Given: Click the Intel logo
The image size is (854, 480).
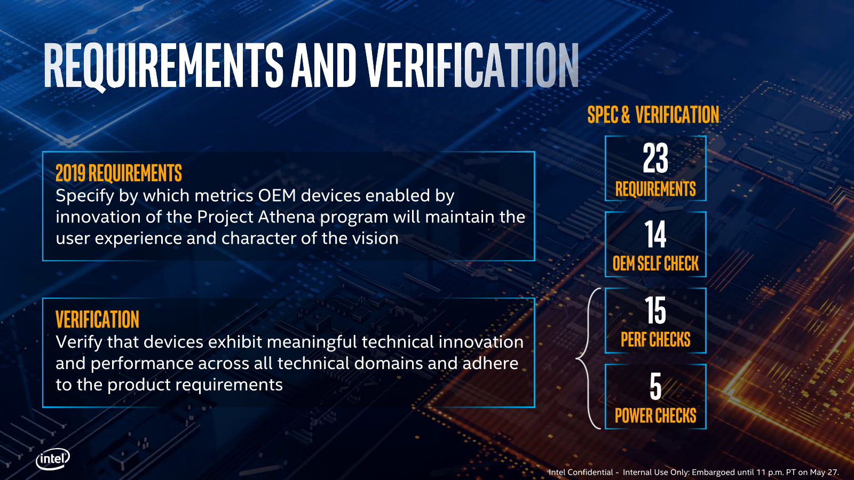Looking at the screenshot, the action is click(x=53, y=459).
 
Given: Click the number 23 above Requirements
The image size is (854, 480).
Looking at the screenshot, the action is click(x=655, y=158).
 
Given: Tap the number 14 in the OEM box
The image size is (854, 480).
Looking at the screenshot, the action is click(x=655, y=234).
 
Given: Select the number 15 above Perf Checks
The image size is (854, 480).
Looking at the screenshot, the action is click(x=655, y=310).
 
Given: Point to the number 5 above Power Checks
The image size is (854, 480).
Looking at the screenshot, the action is click(x=655, y=386).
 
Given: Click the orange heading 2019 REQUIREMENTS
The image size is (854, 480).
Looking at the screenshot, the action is click(x=118, y=173).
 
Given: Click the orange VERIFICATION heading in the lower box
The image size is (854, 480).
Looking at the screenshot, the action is click(x=97, y=319).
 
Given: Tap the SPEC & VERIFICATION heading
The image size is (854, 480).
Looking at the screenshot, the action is click(x=653, y=114).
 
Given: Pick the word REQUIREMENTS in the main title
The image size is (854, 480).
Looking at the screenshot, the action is click(x=164, y=66).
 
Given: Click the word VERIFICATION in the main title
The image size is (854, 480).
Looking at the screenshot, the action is click(x=472, y=66).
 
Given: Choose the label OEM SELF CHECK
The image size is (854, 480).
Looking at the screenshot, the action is click(x=655, y=263).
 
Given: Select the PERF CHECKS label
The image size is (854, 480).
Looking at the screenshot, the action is click(x=655, y=339).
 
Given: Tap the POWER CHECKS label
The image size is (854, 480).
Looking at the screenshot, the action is click(x=655, y=415).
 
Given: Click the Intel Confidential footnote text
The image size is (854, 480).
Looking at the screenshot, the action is click(x=693, y=473).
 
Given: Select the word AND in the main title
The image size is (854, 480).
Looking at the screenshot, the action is click(x=323, y=66).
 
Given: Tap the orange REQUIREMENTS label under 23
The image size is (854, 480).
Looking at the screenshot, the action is click(x=655, y=189).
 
